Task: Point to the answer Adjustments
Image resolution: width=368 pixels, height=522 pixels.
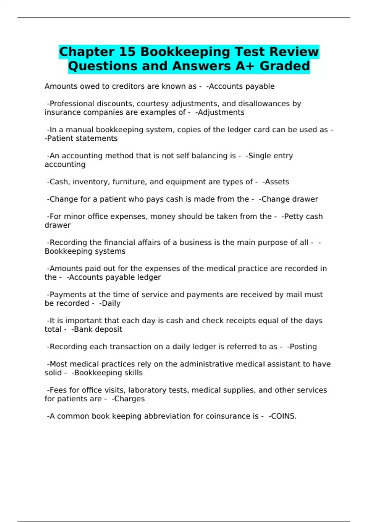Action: [x=221, y=112]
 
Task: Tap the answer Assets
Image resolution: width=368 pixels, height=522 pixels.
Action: [x=277, y=182]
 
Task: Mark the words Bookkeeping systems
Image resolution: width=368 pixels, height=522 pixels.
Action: [x=85, y=251]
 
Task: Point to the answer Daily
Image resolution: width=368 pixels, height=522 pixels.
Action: [x=111, y=303]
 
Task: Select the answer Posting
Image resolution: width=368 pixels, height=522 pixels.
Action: [x=303, y=347]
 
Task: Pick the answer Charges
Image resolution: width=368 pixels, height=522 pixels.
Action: [x=129, y=399]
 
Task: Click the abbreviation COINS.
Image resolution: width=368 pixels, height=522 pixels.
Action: [x=283, y=416]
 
